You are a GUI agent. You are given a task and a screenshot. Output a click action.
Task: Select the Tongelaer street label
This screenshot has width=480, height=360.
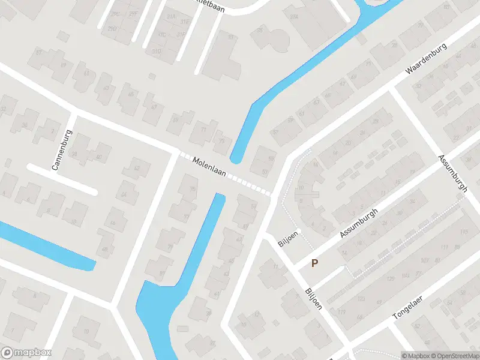point(409,306)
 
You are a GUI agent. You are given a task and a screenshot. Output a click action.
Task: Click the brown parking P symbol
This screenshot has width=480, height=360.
point(315,263)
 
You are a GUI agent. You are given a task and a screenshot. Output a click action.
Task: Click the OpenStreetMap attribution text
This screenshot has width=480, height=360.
point(458,356)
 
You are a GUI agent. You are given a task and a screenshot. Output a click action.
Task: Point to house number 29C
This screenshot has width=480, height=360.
point(115,13)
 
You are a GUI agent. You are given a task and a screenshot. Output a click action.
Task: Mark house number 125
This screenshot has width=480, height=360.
point(391,278)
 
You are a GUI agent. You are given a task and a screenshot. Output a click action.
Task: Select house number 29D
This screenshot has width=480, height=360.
point(112,28)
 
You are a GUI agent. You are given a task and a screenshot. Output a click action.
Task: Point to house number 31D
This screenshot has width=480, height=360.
point(157,51)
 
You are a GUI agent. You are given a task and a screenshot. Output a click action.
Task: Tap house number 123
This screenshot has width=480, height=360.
point(361,298)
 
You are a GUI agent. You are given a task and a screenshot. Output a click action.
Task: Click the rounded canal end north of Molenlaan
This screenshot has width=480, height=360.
point(236,158)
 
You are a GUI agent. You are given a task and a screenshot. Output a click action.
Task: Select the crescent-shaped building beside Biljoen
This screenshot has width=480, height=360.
point(305,192)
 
